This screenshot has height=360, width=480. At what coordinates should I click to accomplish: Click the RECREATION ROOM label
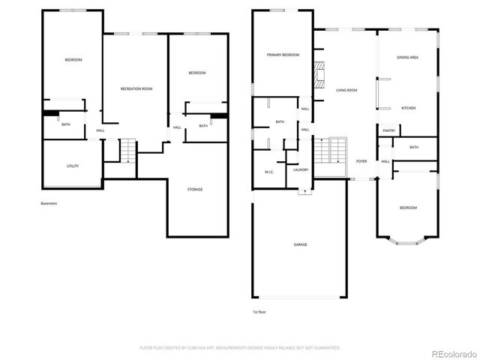136,89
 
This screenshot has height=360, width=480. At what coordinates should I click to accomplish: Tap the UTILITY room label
73,166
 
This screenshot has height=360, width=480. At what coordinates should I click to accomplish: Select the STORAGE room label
195,190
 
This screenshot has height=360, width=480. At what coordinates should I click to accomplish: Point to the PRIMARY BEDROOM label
283,55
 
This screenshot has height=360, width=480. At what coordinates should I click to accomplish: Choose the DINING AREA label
409,58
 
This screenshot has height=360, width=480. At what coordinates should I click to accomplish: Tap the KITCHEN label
409,109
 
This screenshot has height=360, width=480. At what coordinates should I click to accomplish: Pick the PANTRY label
388,131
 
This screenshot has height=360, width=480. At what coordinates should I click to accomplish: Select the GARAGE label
300,244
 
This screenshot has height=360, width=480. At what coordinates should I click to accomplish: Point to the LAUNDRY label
301,170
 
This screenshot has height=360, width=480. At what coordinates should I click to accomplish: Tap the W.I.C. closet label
268,172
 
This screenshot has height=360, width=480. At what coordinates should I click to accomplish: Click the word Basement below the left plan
49,203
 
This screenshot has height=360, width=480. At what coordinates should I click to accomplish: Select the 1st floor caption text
259,311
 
